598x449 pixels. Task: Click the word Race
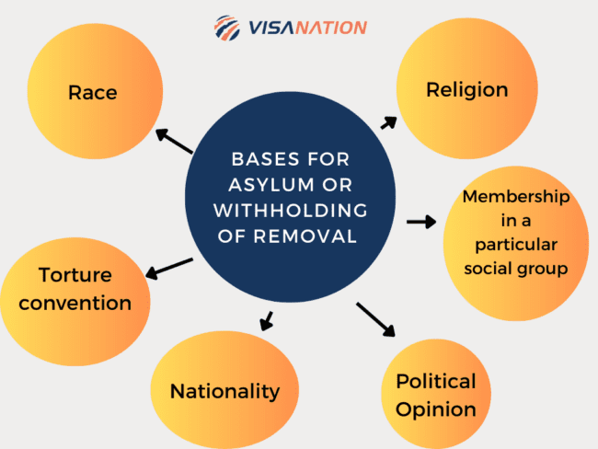click(92, 93)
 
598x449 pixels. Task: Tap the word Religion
click(466, 91)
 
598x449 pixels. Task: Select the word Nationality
click(224, 392)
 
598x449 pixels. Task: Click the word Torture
click(75, 275)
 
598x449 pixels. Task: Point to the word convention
click(75, 304)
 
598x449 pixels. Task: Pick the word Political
click(436, 381)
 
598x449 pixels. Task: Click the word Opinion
click(436, 410)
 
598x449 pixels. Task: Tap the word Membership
click(516, 197)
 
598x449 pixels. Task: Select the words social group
click(516, 269)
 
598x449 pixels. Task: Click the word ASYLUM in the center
click(272, 185)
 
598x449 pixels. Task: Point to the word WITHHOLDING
click(290, 211)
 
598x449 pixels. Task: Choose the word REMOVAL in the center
click(305, 236)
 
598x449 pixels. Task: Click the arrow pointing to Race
click(174, 141)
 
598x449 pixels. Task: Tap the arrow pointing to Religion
click(389, 123)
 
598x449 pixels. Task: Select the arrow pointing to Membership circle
click(421, 222)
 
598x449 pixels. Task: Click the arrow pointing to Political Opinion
click(375, 319)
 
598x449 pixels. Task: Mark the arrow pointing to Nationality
click(267, 321)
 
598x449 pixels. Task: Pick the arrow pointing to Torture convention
click(169, 269)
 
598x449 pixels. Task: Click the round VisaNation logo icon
click(227, 28)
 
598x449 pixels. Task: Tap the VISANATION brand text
click(307, 28)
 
